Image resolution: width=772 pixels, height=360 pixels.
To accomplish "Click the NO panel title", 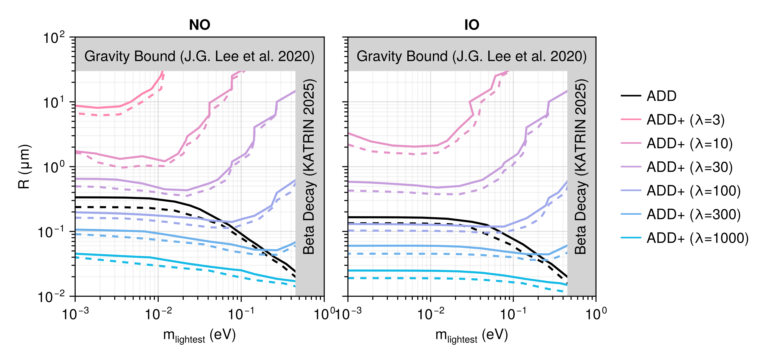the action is pyautogui.click(x=200, y=25).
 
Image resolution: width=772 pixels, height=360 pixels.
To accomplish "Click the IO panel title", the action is pyautogui.click(x=472, y=25).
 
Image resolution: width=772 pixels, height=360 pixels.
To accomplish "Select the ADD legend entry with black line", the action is pyautogui.click(x=649, y=96).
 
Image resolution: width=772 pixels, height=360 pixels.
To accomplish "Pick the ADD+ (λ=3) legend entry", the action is pyautogui.click(x=673, y=120).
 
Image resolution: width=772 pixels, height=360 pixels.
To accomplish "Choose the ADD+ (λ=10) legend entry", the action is pyautogui.click(x=677, y=143).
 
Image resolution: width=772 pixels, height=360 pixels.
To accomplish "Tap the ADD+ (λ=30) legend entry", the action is pyautogui.click(x=677, y=167).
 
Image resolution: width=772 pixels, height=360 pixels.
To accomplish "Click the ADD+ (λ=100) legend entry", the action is pyautogui.click(x=681, y=191).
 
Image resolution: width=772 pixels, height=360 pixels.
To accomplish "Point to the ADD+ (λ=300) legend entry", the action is pyautogui.click(x=681, y=214).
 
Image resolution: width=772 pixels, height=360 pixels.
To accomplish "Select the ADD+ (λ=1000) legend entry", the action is pyautogui.click(x=685, y=238).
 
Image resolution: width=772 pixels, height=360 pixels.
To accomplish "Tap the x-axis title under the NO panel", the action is pyautogui.click(x=199, y=336).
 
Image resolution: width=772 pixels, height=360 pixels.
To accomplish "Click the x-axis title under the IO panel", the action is pyautogui.click(x=472, y=336).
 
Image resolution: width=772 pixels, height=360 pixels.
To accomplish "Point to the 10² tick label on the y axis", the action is pyautogui.click(x=54, y=38).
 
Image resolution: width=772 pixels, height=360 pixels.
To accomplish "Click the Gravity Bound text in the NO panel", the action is pyautogui.click(x=199, y=56).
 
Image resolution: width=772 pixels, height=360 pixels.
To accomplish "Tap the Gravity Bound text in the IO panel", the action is pyautogui.click(x=472, y=56).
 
